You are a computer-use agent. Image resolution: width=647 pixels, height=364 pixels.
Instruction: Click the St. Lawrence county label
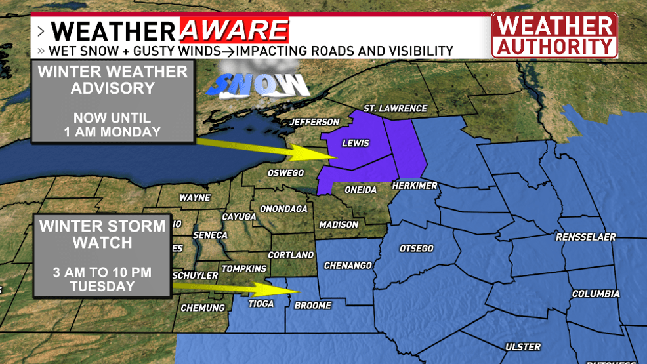pyautogui.click(x=395, y=108)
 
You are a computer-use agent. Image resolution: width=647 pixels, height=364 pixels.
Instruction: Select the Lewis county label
pyautogui.click(x=356, y=143)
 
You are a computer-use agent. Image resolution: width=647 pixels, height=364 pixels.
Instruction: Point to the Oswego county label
pyautogui.click(x=285, y=173)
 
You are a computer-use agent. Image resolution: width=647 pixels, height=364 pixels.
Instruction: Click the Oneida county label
pyautogui.click(x=360, y=190)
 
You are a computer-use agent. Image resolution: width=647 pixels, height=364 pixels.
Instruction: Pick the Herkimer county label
pyautogui.click(x=415, y=186)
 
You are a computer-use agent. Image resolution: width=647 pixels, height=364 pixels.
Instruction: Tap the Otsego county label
pyautogui.click(x=417, y=248)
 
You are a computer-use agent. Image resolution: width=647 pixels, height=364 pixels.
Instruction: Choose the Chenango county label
pyautogui.click(x=348, y=266)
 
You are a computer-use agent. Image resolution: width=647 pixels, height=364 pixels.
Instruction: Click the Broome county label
pyautogui.click(x=313, y=305)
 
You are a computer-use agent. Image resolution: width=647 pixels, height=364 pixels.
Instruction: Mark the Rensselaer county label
pyautogui.click(x=586, y=237)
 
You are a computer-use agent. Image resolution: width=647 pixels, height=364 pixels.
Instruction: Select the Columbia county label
pyautogui.click(x=596, y=294)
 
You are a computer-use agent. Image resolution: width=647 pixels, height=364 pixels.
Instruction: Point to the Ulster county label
pyautogui.click(x=523, y=346)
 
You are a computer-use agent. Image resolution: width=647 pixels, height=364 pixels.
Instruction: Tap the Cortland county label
pyautogui.click(x=291, y=254)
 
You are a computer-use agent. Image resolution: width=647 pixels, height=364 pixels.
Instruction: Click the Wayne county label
pyautogui.click(x=195, y=197)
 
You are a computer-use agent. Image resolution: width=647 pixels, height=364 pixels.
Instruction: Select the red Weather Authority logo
pyautogui.click(x=554, y=36)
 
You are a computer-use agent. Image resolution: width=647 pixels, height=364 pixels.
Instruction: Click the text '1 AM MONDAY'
pyautogui.click(x=112, y=131)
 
